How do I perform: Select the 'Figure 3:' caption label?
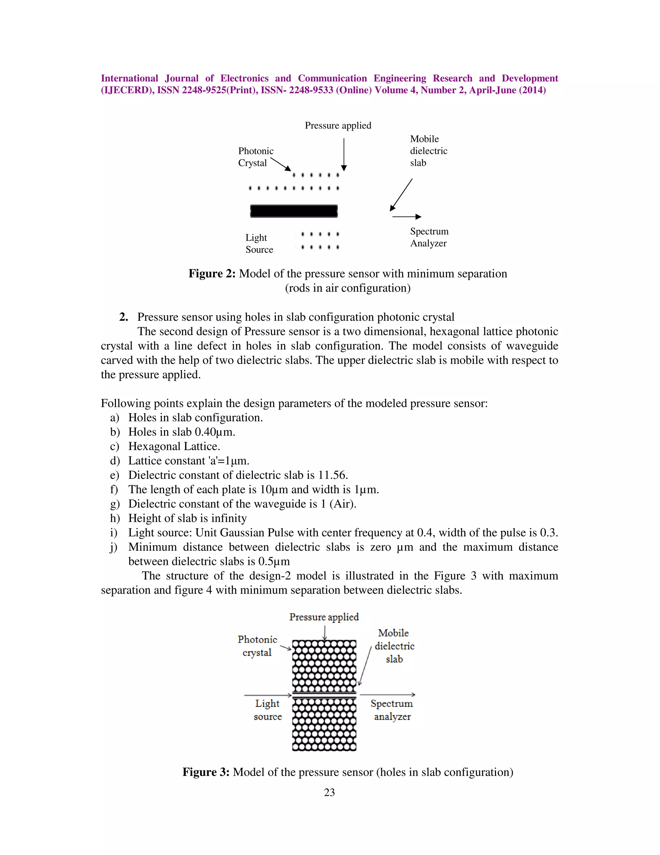coord(206,772)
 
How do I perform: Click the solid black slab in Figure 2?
coord(294,211)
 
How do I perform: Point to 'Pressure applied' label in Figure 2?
coord(338,126)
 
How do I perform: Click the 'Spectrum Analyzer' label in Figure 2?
coord(429,237)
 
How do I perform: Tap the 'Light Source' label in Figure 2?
coord(259,244)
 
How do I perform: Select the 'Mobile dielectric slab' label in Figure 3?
coord(394,646)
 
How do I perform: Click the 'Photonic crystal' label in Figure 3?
coord(257,646)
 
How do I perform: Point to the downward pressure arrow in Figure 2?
coord(344,154)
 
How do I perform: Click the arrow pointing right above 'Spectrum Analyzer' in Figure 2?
coord(407,216)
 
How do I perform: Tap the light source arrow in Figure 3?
coord(268,695)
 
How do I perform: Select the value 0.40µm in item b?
coord(215,432)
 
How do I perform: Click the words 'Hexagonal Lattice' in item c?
coord(174,447)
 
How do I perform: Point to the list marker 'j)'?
coord(114,547)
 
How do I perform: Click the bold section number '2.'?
coord(123,317)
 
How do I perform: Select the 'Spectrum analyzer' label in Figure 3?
coord(392,710)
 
